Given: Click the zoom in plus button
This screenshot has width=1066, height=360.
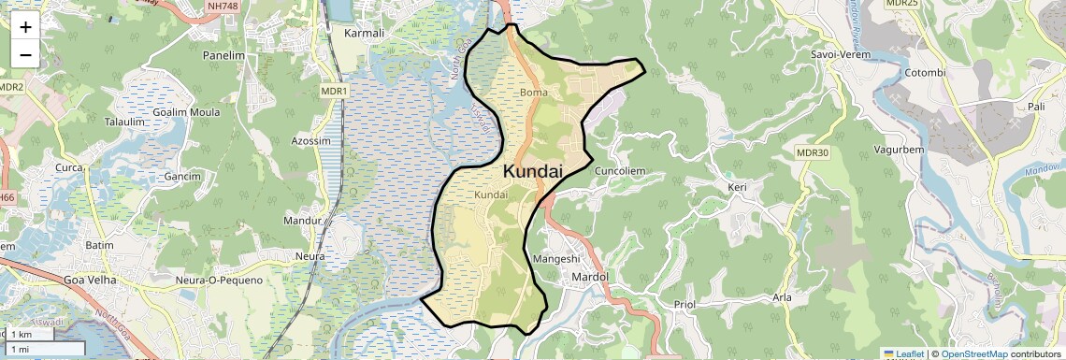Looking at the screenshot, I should click(25, 28).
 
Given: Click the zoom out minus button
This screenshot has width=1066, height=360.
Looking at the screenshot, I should click(25, 54).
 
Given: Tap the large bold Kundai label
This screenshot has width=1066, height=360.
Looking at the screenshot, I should click(533, 172).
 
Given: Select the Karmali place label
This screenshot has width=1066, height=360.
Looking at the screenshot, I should click(365, 33).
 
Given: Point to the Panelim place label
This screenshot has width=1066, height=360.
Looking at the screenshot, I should click(223, 55).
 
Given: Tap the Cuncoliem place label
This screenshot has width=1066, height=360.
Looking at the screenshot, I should click(621, 172).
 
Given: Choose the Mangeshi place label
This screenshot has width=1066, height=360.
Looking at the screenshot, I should click(556, 258).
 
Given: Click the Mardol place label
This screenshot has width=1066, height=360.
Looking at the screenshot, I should click(589, 278).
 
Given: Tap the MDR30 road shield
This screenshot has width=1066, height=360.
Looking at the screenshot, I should click(813, 152).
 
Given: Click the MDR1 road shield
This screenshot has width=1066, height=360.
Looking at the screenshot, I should click(335, 91).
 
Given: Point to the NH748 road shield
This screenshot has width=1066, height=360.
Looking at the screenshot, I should click(222, 5).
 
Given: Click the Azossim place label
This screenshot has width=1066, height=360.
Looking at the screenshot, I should click(311, 141).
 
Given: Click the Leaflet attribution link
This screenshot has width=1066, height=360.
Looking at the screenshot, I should click(904, 354).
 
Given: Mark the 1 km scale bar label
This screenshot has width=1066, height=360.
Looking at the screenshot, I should click(21, 335).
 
